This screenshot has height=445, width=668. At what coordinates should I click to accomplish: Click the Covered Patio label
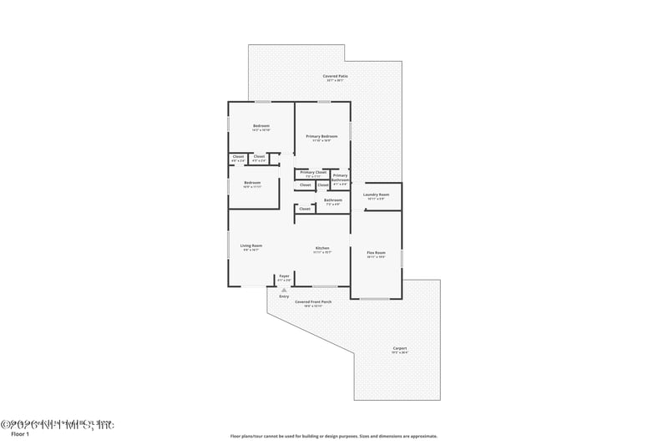336,76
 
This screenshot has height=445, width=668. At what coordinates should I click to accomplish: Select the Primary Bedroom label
321,136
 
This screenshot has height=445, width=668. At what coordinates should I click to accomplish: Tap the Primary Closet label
313,172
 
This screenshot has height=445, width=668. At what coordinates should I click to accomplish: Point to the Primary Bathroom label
341,178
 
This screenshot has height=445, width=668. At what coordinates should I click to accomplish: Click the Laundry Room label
376,195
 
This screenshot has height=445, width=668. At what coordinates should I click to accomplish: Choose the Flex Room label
376,252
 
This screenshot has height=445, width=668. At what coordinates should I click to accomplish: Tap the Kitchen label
321,248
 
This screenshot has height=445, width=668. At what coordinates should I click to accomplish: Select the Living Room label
251,245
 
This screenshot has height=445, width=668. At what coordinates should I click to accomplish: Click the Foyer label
284,275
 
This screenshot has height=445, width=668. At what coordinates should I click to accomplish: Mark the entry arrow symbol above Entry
284,290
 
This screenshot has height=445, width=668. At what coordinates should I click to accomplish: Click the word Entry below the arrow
284,296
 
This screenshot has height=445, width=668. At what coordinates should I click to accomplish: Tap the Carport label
400,348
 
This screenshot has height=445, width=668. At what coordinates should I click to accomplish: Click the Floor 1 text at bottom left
19,434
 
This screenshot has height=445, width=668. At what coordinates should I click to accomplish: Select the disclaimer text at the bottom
333,436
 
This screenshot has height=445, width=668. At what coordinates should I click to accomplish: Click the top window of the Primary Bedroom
323,102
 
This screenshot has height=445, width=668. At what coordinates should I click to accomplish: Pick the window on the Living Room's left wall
229,246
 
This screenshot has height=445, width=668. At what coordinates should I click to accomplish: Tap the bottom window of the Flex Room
373,298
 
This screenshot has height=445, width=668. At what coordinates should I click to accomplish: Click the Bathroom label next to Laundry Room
332,200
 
